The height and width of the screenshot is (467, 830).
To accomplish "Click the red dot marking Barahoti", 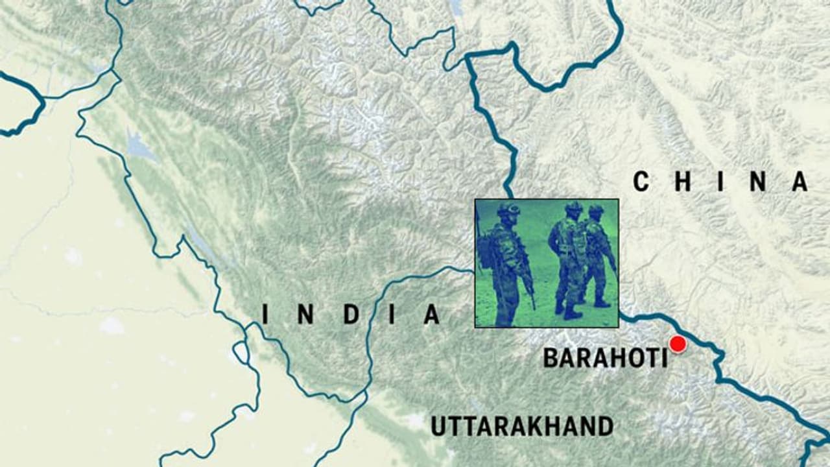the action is (678, 344).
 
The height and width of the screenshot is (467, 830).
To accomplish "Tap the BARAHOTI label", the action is (605, 358).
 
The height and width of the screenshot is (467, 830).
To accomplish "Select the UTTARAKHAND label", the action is (522, 426).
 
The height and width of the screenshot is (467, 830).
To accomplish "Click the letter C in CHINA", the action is (641, 182).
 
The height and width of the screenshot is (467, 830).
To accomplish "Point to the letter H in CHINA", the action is (682, 182).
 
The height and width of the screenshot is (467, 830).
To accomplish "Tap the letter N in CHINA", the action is (759, 182).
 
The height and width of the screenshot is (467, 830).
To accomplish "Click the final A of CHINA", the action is (800, 182).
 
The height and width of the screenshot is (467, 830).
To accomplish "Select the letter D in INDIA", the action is (351, 315).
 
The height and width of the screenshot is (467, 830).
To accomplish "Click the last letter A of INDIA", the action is (432, 315).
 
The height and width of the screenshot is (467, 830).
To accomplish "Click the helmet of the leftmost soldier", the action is (510, 210).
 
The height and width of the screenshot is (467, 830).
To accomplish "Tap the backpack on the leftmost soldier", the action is (487, 252).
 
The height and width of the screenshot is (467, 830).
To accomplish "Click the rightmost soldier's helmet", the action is (595, 211).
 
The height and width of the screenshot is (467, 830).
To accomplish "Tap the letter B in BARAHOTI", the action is (550, 358).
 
